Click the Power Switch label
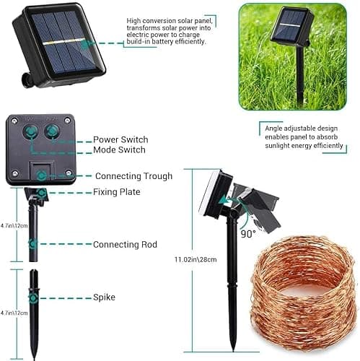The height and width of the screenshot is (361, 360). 120,139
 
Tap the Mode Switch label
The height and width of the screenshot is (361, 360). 119,150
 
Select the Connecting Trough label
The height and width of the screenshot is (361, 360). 133,175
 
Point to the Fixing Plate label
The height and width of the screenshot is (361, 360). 116,192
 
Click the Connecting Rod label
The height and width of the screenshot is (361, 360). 125,245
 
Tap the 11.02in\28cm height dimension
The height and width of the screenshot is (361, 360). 196,258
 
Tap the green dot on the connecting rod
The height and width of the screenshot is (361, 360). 33,244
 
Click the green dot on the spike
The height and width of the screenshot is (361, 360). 33,296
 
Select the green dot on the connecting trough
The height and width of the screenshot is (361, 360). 43,175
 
